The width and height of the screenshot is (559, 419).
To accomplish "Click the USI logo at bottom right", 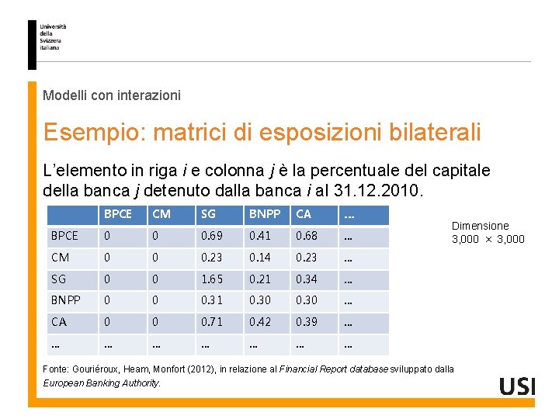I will click(x=517, y=386).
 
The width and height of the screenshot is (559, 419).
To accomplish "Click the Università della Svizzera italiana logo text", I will click(x=53, y=37).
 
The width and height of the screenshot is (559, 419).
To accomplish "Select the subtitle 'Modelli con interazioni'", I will click(x=112, y=95).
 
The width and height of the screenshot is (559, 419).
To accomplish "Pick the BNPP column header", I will click(x=262, y=214).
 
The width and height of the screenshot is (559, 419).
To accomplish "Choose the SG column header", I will click(x=209, y=214).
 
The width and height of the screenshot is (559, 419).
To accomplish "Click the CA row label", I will click(x=59, y=322).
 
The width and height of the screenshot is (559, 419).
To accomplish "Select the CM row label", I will click(x=60, y=258).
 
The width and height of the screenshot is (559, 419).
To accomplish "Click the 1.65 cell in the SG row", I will click(x=212, y=279).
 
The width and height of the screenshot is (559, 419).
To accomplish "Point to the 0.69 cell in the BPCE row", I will click(x=212, y=236).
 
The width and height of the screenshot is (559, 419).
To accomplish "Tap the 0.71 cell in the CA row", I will click(x=212, y=322).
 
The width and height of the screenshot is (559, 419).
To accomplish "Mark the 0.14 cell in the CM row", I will click(x=260, y=258).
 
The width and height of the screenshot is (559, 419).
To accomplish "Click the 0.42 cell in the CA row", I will click(x=260, y=322).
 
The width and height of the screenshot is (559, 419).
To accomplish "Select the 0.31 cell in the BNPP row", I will click(x=212, y=300).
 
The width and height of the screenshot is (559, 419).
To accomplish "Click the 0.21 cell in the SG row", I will click(x=260, y=279).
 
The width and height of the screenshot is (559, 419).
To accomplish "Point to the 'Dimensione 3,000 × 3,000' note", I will click(x=488, y=232).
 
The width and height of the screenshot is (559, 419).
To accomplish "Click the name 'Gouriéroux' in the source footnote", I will click(x=98, y=369).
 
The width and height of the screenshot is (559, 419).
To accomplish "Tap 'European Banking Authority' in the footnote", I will click(x=101, y=383).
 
